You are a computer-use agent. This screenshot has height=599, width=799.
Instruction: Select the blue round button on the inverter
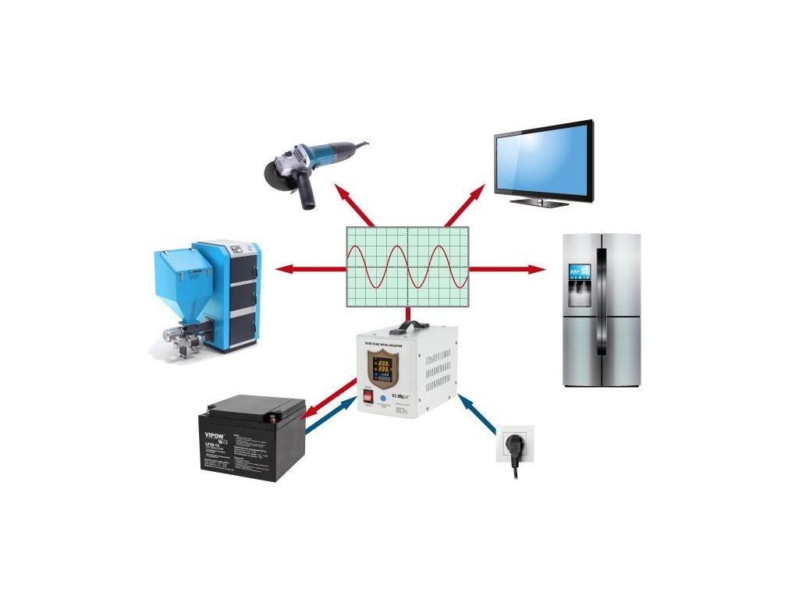pos(383,397)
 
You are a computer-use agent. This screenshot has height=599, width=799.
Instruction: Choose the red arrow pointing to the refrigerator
pos(507,269)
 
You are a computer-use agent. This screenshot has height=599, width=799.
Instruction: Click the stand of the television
pos(539,202)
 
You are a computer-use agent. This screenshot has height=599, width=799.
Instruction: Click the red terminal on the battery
pos(272,416)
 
